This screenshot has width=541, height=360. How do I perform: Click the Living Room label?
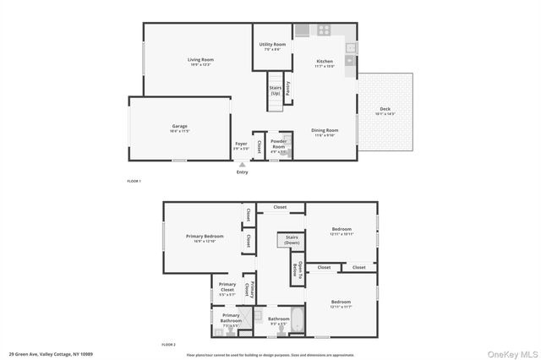(x=200, y=60)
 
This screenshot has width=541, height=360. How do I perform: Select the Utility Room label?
(x=272, y=46)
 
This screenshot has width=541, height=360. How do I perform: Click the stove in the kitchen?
(x=324, y=31)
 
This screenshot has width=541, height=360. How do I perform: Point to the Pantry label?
(x=287, y=85)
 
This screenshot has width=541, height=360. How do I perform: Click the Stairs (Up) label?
(x=275, y=90)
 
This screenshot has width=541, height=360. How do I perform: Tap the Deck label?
(x=385, y=110)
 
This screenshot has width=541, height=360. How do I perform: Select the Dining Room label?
(x=325, y=131)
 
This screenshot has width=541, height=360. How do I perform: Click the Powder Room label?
(x=278, y=144)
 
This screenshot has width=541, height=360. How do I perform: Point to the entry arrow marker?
(x=243, y=165)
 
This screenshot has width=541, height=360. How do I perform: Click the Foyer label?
(x=241, y=145)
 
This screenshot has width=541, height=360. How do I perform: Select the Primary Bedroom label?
(x=205, y=237)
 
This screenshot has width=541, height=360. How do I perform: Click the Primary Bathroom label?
(x=231, y=318)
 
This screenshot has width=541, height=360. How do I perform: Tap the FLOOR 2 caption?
(x=168, y=345)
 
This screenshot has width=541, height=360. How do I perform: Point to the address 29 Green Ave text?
(x=51, y=354)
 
